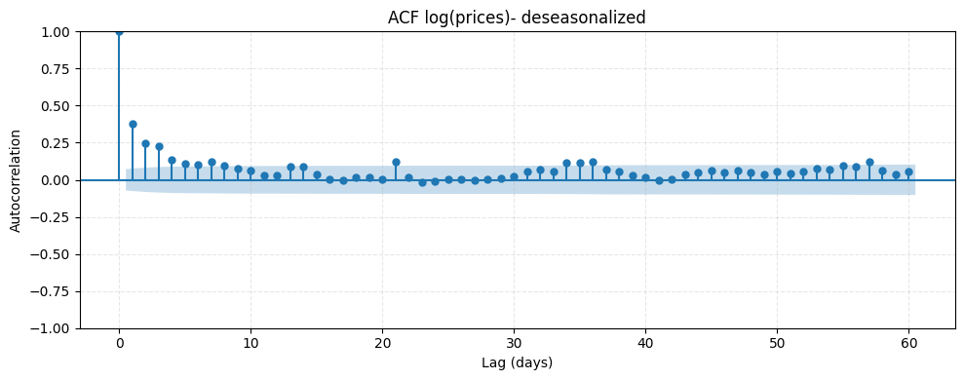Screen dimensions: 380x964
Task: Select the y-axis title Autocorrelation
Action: click(16, 180)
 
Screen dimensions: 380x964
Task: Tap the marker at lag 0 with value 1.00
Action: click(119, 31)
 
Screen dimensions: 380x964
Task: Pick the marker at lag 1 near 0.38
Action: click(133, 124)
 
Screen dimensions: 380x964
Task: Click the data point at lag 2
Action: click(145, 143)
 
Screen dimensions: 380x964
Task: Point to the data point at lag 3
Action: click(159, 146)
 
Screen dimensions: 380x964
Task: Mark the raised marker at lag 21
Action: click(396, 162)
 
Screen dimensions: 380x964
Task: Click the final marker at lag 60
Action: click(908, 171)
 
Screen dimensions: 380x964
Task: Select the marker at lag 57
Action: click(869, 162)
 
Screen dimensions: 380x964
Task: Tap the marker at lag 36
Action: click(593, 162)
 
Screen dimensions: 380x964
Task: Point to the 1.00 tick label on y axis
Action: click(55, 31)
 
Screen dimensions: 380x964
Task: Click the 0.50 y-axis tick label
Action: click(55, 106)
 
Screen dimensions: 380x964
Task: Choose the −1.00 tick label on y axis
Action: click(51, 328)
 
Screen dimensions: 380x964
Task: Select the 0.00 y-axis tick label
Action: click(55, 180)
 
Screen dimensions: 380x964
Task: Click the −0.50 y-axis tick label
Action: click(51, 254)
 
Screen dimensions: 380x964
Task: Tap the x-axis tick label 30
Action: click(514, 344)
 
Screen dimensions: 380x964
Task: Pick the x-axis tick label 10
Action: click(251, 344)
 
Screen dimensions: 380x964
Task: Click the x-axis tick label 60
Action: click(908, 344)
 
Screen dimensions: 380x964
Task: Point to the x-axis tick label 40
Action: click(645, 344)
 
